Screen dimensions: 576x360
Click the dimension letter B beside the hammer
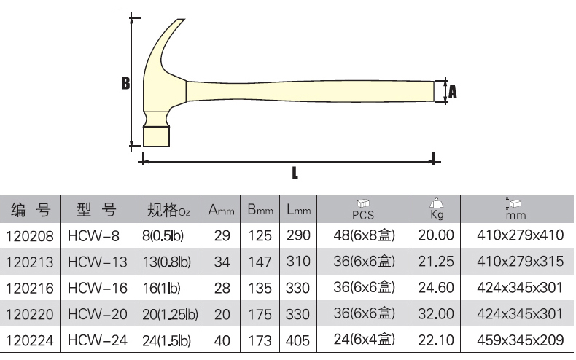point(125,83)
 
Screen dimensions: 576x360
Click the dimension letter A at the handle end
point(453,91)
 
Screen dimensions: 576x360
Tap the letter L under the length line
point(295,173)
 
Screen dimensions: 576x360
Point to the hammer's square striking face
point(157,136)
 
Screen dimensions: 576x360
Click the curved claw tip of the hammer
point(180,21)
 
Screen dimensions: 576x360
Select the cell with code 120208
point(30,236)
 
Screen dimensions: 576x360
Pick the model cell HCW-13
point(98,262)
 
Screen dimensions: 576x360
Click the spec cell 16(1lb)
point(161,289)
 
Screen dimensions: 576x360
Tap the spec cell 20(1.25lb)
point(170,314)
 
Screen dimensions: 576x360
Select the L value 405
point(297,340)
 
